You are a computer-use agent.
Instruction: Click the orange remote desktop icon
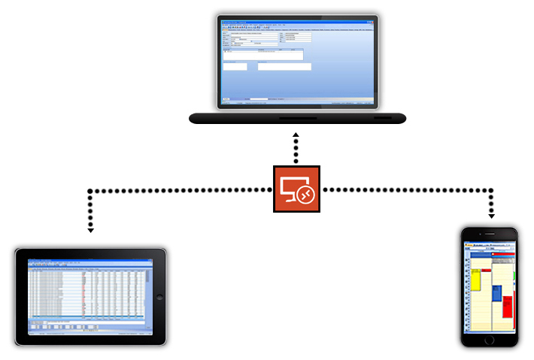pyautogui.click(x=296, y=189)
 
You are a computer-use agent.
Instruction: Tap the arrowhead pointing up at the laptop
pyautogui.click(x=296, y=135)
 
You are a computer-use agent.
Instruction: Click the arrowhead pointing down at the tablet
pyautogui.click(x=90, y=229)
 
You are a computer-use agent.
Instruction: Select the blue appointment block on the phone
pyautogui.click(x=497, y=292)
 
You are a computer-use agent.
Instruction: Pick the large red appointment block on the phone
pyautogui.click(x=508, y=307)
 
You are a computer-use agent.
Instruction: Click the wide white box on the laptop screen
pyautogui.click(x=284, y=66)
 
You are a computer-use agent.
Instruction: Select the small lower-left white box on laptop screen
pyautogui.click(x=235, y=66)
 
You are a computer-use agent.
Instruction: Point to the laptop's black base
pyautogui.click(x=297, y=117)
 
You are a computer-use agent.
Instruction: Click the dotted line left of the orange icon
pyautogui.click(x=181, y=189)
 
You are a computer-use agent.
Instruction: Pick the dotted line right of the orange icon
pyautogui.click(x=406, y=189)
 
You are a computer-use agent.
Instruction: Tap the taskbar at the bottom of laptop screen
pyautogui.click(x=297, y=99)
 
